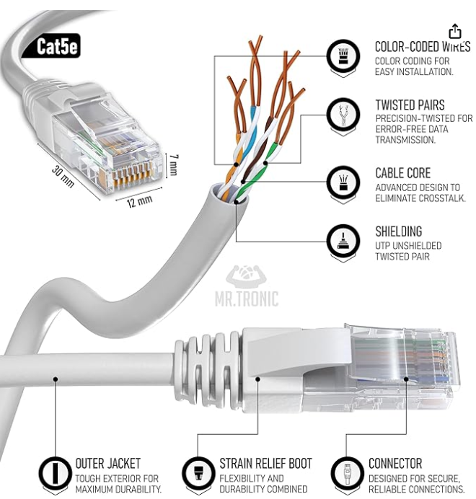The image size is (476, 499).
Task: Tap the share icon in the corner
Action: [454, 31]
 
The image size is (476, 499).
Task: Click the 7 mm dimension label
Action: [173, 167]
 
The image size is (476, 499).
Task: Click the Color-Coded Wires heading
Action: [422, 47]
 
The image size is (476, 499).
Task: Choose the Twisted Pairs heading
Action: [410, 105]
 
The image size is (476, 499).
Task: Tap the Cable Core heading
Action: [402, 173]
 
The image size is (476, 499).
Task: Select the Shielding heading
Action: [398, 231]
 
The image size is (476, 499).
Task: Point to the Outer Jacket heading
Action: [108, 464]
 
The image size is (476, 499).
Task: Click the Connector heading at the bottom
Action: [395, 464]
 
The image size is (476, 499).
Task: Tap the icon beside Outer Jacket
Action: [53, 473]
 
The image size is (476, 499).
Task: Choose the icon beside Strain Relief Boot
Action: [197, 473]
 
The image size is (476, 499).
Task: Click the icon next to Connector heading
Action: [346, 473]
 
